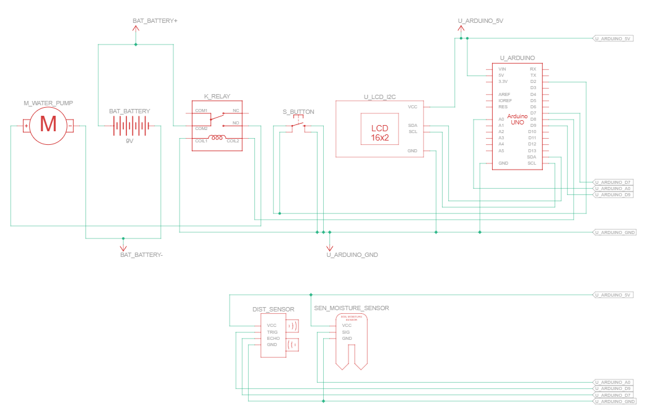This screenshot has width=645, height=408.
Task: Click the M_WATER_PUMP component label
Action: (x=48, y=103)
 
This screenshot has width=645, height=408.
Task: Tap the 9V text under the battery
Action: (x=129, y=141)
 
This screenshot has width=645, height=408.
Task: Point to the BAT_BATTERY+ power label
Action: (x=155, y=20)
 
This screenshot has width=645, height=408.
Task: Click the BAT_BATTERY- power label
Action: (x=141, y=254)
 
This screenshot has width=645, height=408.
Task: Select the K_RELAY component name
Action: (x=217, y=97)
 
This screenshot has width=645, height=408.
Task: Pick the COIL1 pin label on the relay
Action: (x=201, y=141)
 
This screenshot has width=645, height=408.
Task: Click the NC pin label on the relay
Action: (x=236, y=111)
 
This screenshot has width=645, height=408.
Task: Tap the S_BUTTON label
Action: (x=298, y=112)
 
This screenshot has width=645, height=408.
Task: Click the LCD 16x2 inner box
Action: (x=379, y=132)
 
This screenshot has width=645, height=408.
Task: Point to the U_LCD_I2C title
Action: (x=379, y=97)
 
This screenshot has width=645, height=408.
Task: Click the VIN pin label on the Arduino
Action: (x=502, y=69)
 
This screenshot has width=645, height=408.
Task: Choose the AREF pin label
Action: (x=504, y=94)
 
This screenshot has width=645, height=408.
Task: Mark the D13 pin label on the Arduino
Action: (x=532, y=150)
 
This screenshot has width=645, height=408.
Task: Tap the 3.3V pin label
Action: (x=503, y=81)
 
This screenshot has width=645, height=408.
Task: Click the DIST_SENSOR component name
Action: (x=273, y=309)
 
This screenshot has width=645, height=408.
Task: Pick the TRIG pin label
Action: (x=272, y=332)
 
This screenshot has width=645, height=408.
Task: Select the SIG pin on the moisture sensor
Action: (x=345, y=332)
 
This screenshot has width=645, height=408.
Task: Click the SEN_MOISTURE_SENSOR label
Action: (x=352, y=308)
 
